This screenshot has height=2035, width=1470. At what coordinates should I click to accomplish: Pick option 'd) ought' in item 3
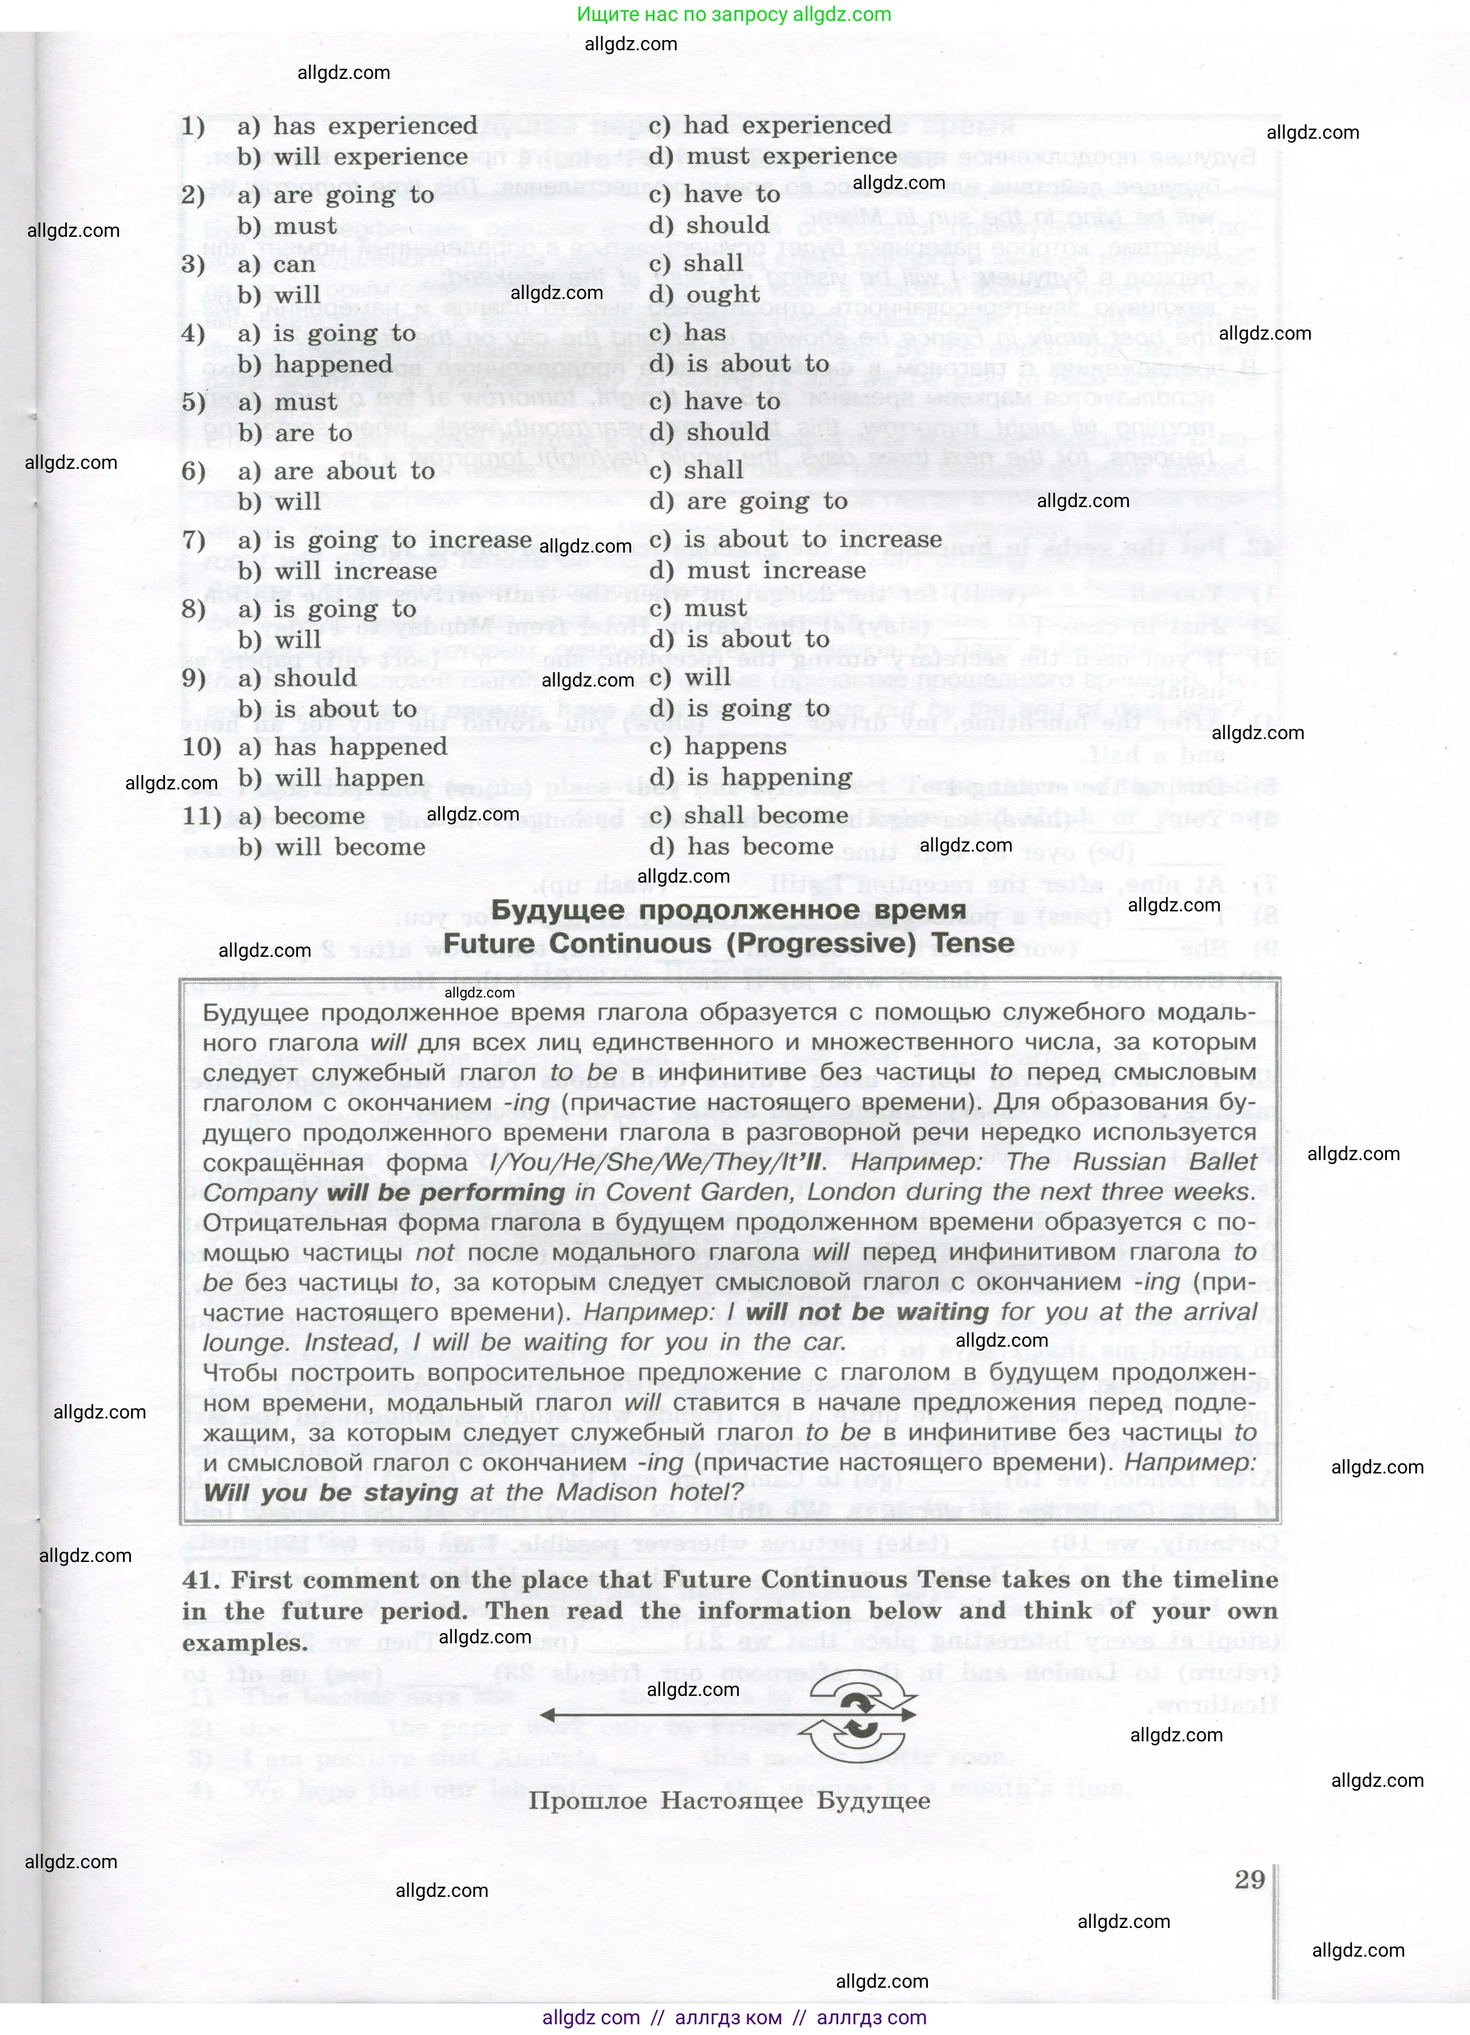[705, 295]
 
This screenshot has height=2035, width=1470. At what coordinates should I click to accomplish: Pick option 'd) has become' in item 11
[741, 846]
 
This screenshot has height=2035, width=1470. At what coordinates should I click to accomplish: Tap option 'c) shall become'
[748, 816]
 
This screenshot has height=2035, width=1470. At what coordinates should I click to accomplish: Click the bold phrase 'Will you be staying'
[331, 1492]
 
